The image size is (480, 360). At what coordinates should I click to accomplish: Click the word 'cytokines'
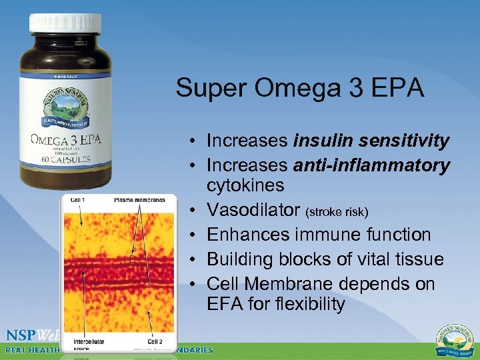pyautogui.click(x=245, y=185)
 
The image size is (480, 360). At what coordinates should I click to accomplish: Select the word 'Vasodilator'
pyautogui.click(x=253, y=210)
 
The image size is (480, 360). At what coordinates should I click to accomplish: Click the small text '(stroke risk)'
pyautogui.click(x=338, y=212)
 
